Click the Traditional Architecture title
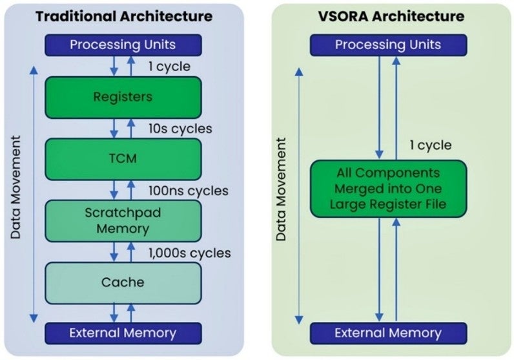(123, 16)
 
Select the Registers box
(123, 97)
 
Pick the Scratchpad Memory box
(123, 221)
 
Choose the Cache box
(123, 282)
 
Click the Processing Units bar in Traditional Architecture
(123, 45)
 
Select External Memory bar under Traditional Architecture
(123, 333)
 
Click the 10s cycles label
(180, 129)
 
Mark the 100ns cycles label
(188, 191)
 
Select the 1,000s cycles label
(189, 253)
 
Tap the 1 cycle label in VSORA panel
(431, 145)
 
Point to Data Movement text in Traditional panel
(16, 188)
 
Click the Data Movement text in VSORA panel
(281, 188)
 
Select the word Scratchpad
(123, 213)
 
